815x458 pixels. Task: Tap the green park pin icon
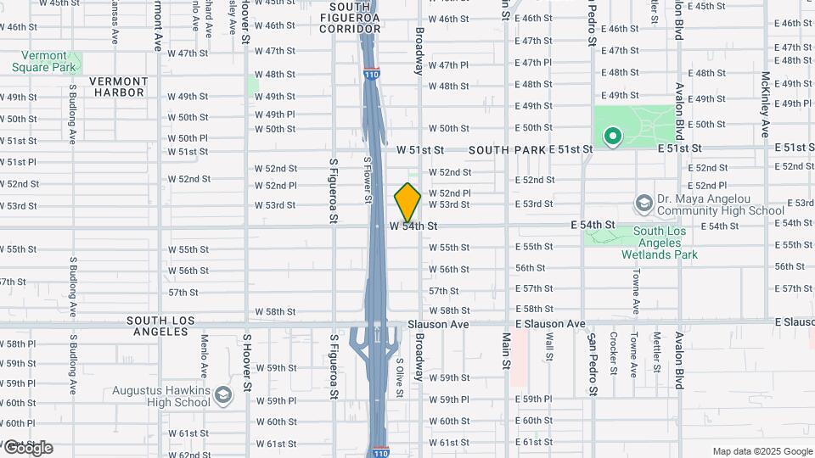[611, 136]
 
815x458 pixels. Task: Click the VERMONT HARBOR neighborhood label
[120, 87]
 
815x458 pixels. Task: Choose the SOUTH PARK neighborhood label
[506, 150]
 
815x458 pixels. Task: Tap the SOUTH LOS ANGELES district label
[160, 326]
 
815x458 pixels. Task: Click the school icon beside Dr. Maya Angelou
[644, 204]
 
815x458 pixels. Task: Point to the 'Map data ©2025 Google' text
[762, 451]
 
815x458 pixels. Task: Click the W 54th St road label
[414, 226]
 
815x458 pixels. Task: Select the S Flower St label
[368, 179]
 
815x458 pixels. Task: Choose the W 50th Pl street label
[187, 138]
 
